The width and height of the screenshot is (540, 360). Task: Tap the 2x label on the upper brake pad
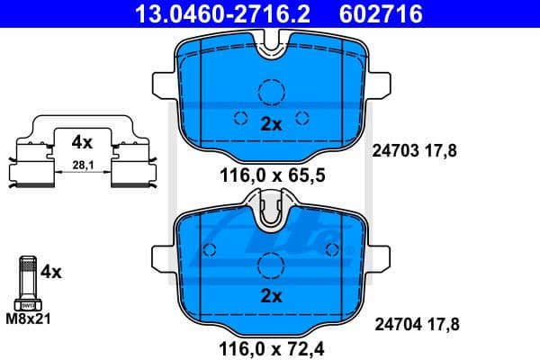(270, 125)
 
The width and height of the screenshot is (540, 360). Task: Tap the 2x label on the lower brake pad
(270, 295)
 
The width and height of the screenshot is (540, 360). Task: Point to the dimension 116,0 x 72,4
(270, 346)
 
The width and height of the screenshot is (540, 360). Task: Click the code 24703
(393, 151)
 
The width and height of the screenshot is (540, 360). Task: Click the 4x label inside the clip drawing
(83, 141)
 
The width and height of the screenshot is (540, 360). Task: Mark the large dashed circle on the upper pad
(270, 93)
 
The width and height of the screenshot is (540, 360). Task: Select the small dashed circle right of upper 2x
(302, 116)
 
